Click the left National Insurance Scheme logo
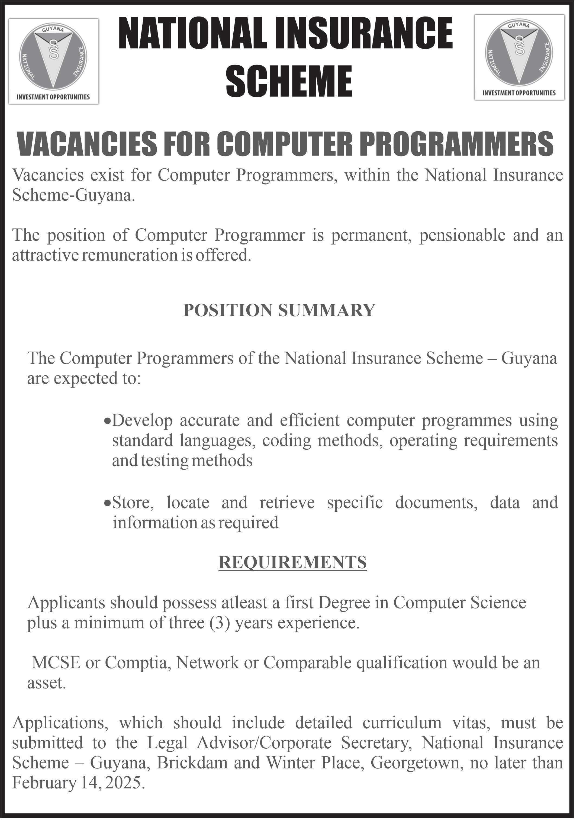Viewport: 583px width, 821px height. pyautogui.click(x=54, y=61)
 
